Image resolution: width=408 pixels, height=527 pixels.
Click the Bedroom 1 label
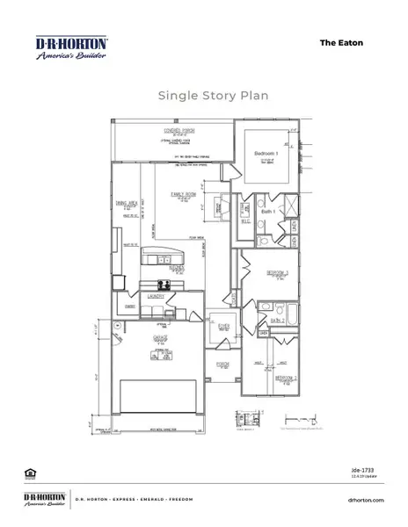(x=266, y=154)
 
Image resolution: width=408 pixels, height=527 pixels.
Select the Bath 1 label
(x=268, y=213)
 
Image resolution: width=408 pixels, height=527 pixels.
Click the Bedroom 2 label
(x=284, y=377)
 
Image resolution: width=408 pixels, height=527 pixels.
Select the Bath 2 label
(x=274, y=321)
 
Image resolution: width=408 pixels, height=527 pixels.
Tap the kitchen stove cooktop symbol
(x=164, y=284)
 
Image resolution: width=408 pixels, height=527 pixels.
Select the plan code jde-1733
(x=374, y=472)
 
